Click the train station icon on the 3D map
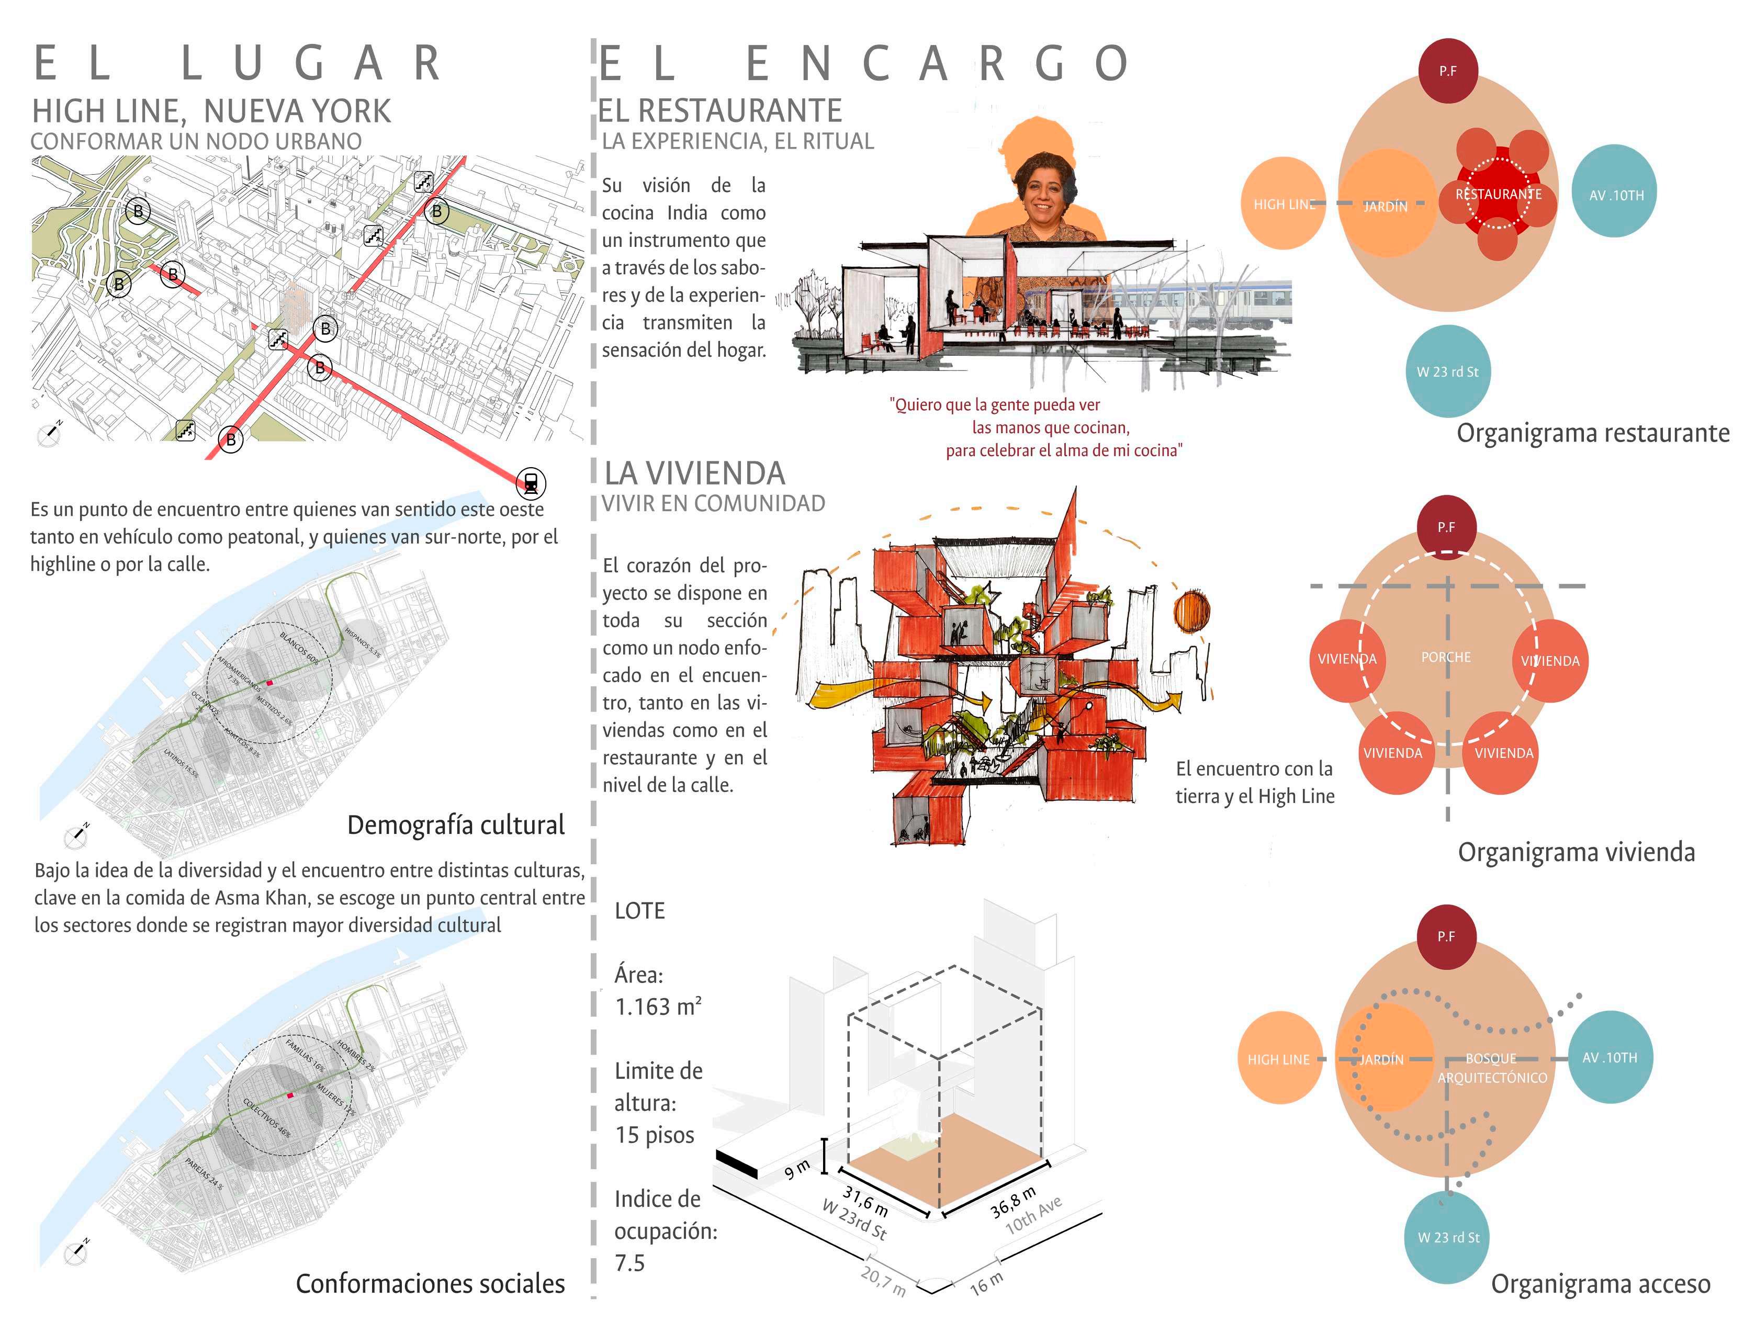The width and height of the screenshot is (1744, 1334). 531,482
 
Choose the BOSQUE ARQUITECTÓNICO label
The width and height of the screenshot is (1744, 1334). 1491,1068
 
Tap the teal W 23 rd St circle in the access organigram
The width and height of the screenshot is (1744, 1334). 1448,1237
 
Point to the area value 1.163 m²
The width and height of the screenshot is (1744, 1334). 658,1007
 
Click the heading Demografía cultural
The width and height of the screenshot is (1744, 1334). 455,825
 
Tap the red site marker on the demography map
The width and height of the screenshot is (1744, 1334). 269,683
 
